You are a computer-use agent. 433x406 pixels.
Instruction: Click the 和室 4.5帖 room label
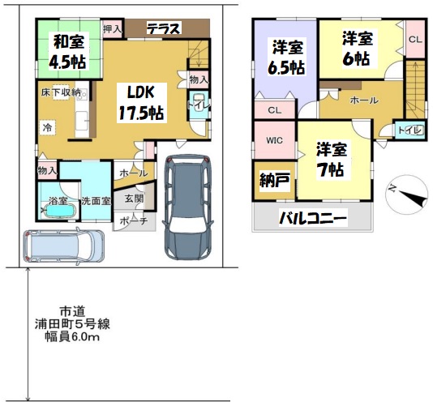tap(69, 51)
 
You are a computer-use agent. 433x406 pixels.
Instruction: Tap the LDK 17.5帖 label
tap(141, 103)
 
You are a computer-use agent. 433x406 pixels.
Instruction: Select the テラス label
tap(164, 28)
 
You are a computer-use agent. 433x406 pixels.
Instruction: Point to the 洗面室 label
tap(96, 201)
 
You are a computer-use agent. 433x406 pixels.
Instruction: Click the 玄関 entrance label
tap(135, 199)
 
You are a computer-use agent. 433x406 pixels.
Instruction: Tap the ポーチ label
tap(135, 220)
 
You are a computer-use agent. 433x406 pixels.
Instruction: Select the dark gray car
tap(189, 207)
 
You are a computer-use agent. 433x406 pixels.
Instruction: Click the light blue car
tap(64, 245)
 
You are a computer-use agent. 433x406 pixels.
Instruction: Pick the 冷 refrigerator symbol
tap(48, 127)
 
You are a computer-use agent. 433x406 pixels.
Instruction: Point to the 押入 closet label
tap(112, 28)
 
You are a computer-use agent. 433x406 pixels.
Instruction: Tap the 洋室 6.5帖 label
tap(287, 57)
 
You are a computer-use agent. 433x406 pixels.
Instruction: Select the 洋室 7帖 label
tap(331, 160)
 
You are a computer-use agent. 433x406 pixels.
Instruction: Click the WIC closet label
tap(274, 140)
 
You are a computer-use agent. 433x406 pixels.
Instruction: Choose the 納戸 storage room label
tap(275, 181)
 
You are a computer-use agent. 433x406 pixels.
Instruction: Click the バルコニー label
tap(313, 219)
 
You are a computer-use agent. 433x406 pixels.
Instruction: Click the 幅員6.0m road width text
tap(72, 337)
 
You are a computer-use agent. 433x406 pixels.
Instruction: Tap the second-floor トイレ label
tap(409, 130)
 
